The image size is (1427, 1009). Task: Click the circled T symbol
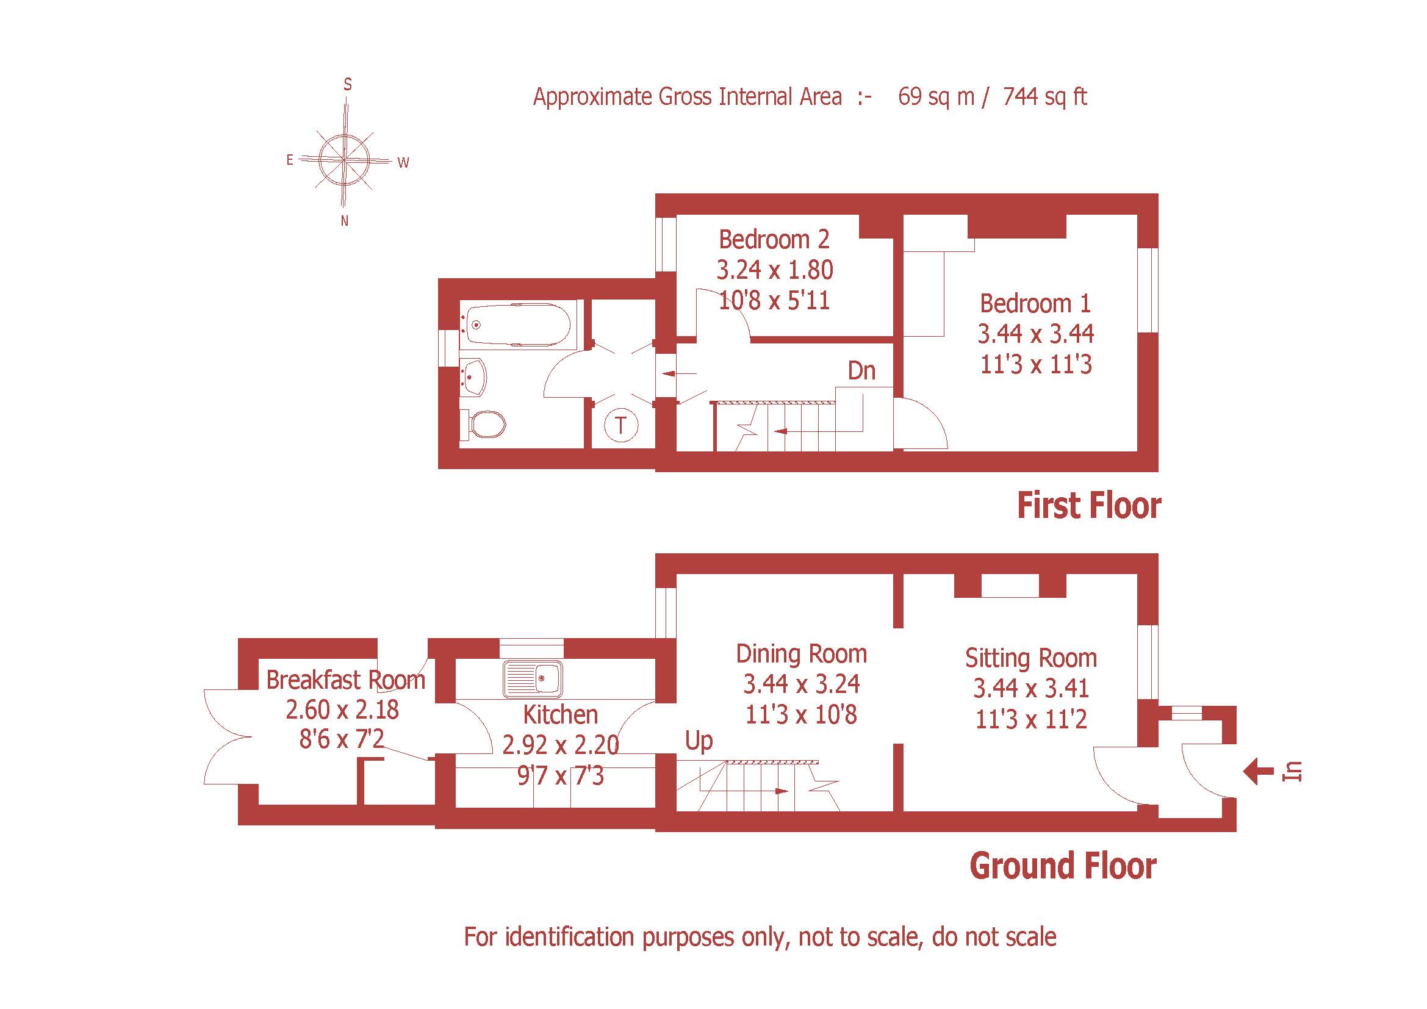[621, 426]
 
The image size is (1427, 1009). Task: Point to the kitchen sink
[533, 678]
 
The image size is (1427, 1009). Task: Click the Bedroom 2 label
[774, 239]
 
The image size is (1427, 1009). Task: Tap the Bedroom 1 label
[1035, 303]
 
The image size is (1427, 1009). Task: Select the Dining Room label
[801, 653]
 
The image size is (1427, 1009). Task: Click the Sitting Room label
[1031, 658]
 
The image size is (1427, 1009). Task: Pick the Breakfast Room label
[345, 680]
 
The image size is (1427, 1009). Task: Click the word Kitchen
[560, 714]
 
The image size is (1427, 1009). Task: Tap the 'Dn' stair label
[861, 371]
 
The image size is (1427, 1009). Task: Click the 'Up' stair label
[699, 741]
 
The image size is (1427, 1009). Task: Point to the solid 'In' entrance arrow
[1258, 772]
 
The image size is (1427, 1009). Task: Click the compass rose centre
[343, 160]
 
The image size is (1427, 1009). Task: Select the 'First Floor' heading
[1089, 506]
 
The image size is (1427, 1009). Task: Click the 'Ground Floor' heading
[1063, 866]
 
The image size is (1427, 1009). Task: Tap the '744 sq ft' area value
[1044, 97]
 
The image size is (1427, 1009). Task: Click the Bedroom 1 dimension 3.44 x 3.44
[1035, 334]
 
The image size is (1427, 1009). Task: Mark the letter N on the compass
[345, 221]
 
